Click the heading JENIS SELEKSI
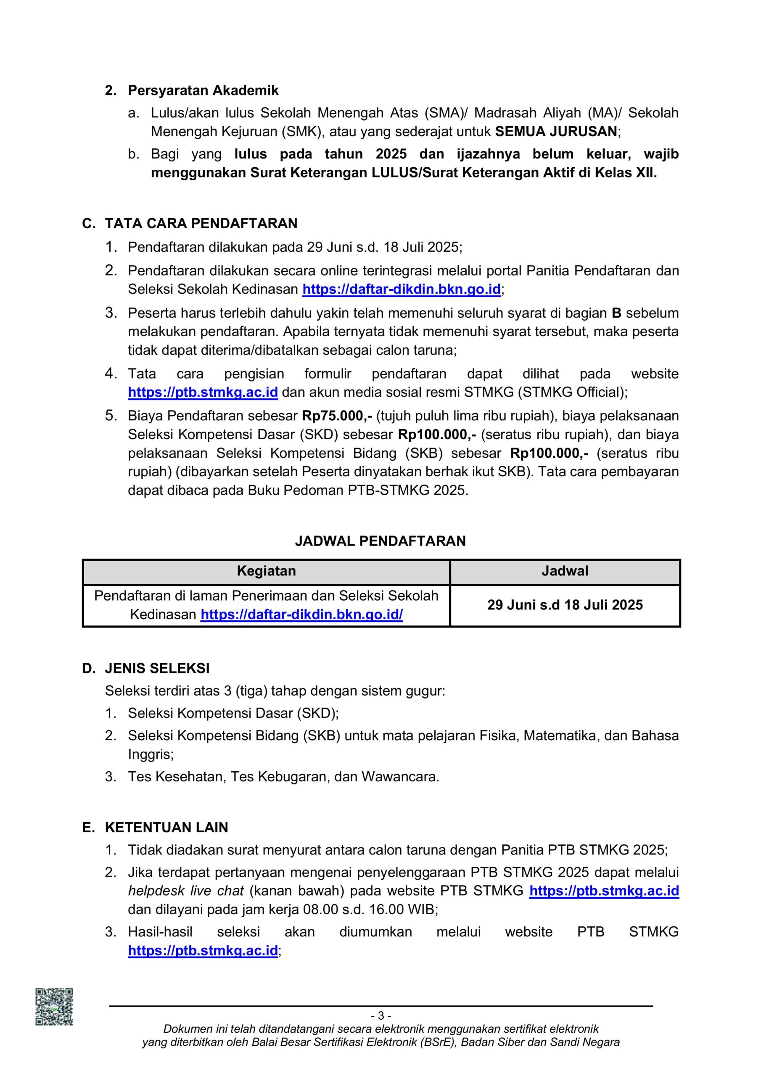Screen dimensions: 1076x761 point(157,668)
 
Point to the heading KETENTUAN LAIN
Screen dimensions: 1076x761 point(166,828)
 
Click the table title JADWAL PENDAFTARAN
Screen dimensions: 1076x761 point(380,541)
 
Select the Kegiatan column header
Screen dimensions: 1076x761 point(266,571)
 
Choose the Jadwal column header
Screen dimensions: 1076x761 point(565,571)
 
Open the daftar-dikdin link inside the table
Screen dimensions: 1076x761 point(301,614)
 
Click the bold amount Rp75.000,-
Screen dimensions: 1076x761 point(337,416)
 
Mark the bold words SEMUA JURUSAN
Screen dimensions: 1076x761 point(556,132)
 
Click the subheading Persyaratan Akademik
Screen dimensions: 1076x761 point(203,90)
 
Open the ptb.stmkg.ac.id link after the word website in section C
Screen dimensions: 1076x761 point(203,392)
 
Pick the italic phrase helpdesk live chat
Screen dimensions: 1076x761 point(186,891)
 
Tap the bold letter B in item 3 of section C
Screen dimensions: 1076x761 point(617,313)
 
